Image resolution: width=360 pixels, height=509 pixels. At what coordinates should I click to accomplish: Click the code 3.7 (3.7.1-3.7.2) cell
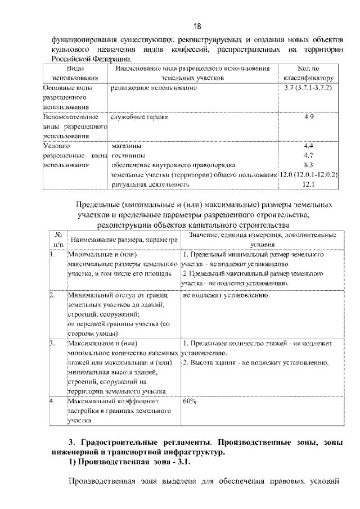click(308, 89)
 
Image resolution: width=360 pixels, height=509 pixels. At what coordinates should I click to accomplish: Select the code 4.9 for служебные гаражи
click(308, 117)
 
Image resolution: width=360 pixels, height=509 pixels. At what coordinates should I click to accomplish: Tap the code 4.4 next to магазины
click(308, 146)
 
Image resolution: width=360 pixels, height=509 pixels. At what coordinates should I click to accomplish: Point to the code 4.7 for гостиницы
click(308, 155)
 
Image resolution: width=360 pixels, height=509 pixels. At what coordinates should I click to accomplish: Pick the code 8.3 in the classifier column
click(308, 165)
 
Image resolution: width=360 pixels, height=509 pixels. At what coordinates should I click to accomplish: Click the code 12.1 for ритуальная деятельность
click(308, 184)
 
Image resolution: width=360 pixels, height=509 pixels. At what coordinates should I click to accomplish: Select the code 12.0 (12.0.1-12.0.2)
click(308, 174)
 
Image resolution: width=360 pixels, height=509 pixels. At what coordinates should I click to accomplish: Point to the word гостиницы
click(128, 155)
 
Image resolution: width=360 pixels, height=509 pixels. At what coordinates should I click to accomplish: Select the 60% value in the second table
click(190, 402)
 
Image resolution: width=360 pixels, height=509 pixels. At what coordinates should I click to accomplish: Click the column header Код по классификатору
click(308, 73)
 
